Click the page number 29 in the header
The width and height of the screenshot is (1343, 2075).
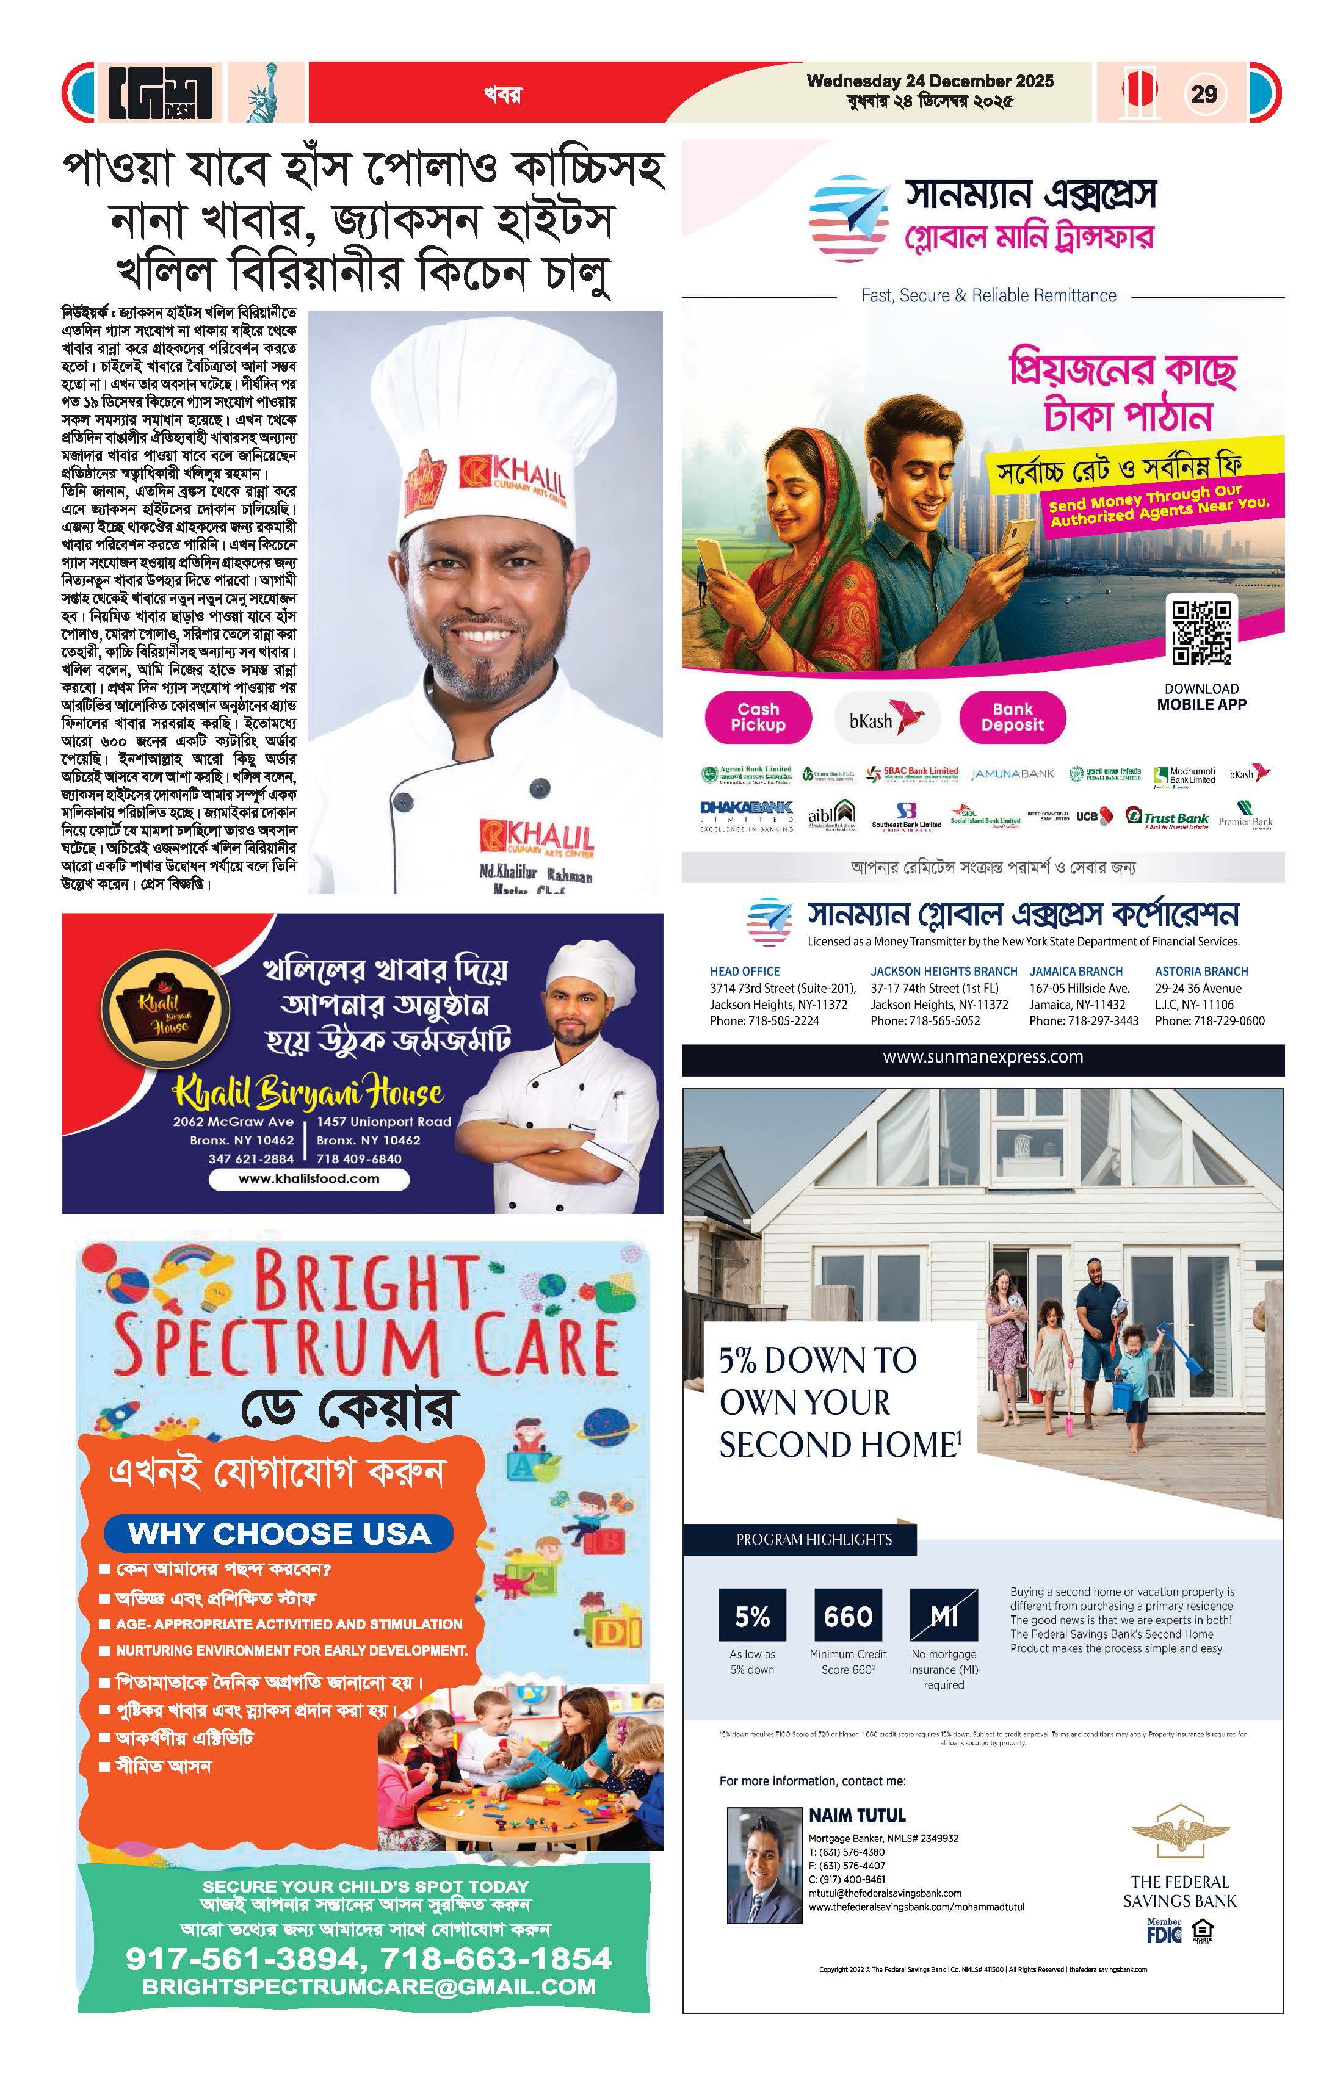click(x=1203, y=93)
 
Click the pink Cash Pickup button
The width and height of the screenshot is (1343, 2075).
click(x=758, y=716)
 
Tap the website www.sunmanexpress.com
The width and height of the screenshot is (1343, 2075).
click(x=983, y=1056)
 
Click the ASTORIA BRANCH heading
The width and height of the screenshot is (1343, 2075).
click(x=1201, y=970)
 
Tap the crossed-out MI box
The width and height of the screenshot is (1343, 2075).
click(x=944, y=1617)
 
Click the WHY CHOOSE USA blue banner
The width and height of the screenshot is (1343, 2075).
click(x=279, y=1534)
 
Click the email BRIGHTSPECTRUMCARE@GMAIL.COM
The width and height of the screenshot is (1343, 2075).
click(x=369, y=1987)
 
